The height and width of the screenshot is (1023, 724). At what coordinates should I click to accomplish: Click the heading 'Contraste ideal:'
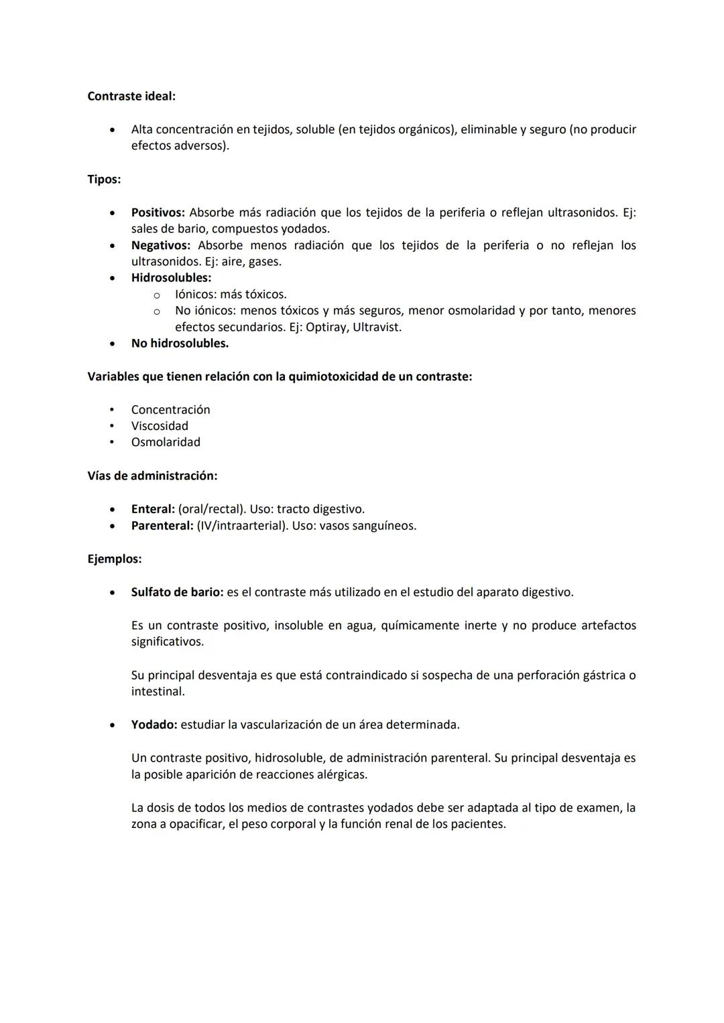point(131,96)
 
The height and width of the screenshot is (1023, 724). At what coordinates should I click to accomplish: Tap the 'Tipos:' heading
point(104,180)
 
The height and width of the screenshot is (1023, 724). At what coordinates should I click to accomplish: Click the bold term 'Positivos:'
point(158,212)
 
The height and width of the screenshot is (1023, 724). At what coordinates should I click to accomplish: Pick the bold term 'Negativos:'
point(160,245)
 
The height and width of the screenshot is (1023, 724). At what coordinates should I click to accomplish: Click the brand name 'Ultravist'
point(375,328)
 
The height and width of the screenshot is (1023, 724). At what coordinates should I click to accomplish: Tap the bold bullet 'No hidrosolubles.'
point(180,344)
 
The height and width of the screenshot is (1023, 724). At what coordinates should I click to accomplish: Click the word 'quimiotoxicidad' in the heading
point(333,377)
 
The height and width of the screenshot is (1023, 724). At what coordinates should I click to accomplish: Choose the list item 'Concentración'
point(170,410)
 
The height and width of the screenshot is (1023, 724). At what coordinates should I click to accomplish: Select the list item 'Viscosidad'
point(160,426)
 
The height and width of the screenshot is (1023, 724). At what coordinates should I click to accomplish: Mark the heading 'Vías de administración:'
point(152,476)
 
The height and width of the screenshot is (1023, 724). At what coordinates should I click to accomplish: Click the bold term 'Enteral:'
point(153,509)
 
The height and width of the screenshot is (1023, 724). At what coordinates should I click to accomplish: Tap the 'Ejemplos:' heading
point(115,559)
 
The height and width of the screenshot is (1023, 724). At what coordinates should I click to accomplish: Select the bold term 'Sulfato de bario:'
point(177,592)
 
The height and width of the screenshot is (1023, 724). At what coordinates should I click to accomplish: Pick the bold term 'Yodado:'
point(154,725)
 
